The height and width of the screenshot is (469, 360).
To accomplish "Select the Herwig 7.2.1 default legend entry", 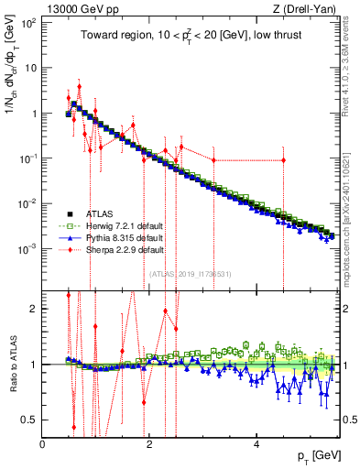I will pyautogui.click(x=115, y=225).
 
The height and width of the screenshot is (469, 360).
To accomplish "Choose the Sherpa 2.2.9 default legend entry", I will pyautogui.click(x=115, y=249).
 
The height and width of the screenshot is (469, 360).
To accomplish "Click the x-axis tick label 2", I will pyautogui.click(x=149, y=443).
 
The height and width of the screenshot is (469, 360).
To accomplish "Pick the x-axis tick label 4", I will pyautogui.click(x=256, y=443).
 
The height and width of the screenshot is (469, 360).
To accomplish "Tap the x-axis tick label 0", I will pyautogui.click(x=43, y=443).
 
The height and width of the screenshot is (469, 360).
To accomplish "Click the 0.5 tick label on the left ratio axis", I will pyautogui.click(x=29, y=420).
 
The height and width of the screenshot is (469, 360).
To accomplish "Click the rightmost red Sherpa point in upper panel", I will pyautogui.click(x=284, y=160).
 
